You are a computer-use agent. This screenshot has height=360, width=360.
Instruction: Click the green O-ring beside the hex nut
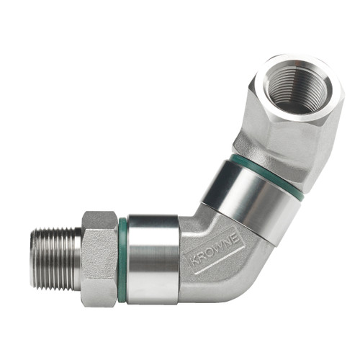[123, 259]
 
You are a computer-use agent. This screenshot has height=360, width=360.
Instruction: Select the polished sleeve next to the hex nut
[153, 259]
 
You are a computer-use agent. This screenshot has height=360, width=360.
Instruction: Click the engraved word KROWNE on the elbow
[216, 251]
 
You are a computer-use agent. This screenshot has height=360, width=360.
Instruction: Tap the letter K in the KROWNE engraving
[193, 264]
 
